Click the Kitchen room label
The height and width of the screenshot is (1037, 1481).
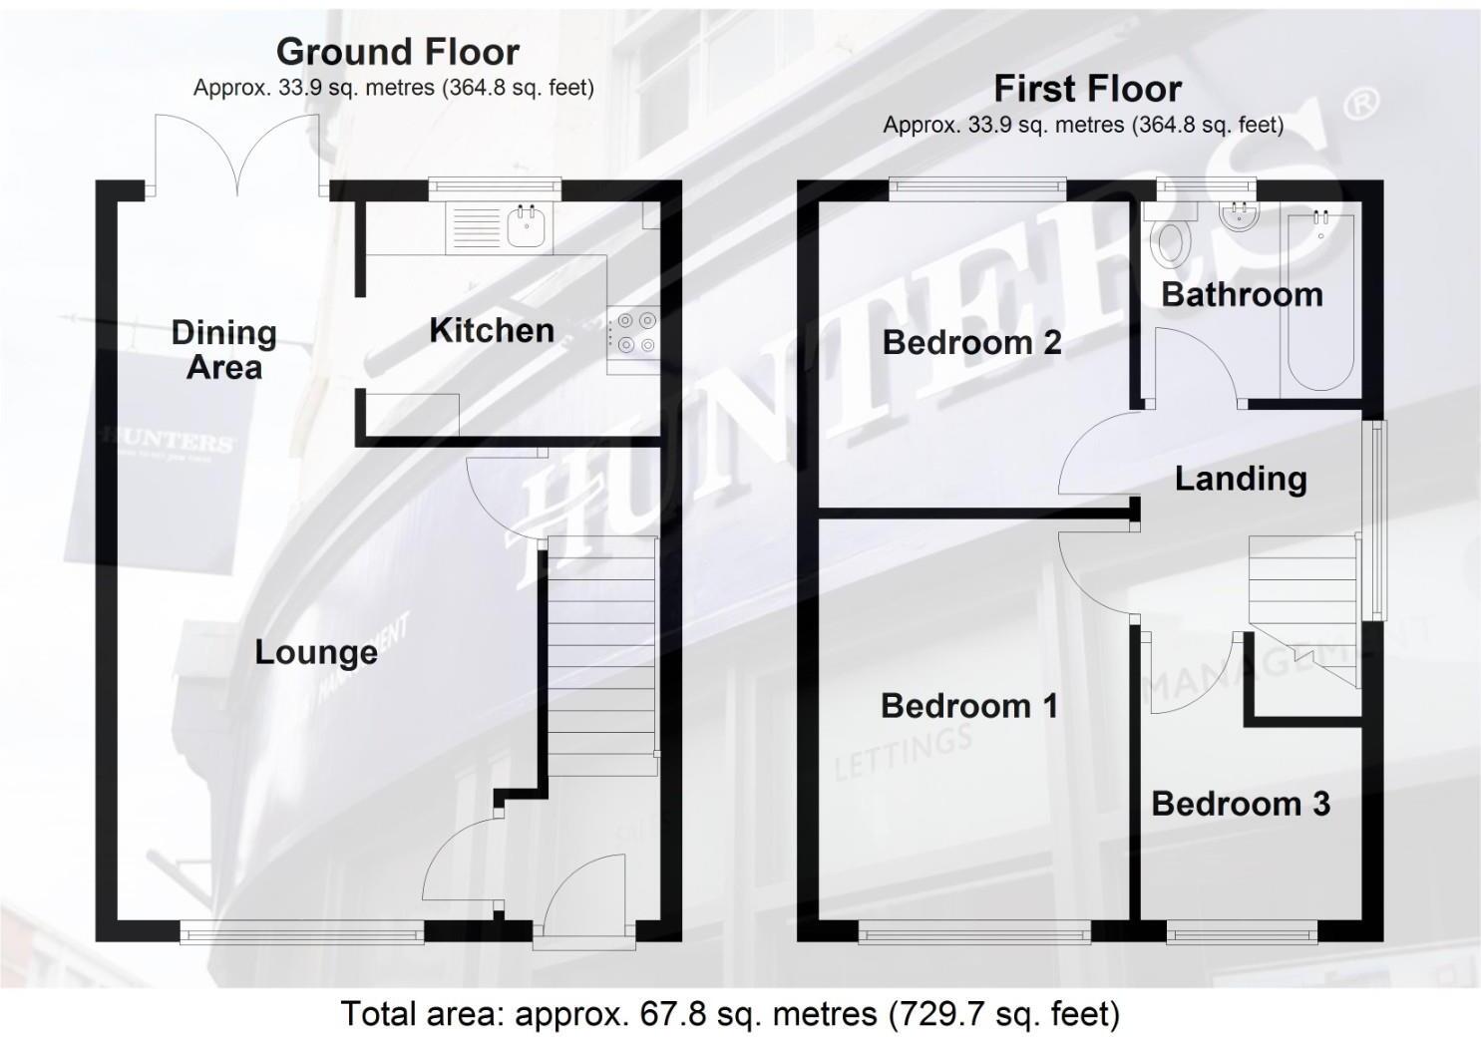coord(491,330)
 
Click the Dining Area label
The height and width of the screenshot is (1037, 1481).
coord(223,349)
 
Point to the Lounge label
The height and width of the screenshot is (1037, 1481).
coord(316,652)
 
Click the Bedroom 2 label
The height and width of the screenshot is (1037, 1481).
coord(971,342)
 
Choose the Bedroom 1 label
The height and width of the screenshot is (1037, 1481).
coord(969,706)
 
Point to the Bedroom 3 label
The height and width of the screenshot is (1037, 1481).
coord(1241,804)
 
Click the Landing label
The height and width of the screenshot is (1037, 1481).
coord(1241,479)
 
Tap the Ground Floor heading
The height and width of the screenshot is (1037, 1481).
coord(397,51)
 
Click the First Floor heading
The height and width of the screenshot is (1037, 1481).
coord(1087,89)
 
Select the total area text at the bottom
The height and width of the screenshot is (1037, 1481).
coord(730,1013)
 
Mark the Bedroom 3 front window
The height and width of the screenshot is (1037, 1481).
coord(1243,933)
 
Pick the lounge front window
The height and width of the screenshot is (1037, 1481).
coord(302,931)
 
